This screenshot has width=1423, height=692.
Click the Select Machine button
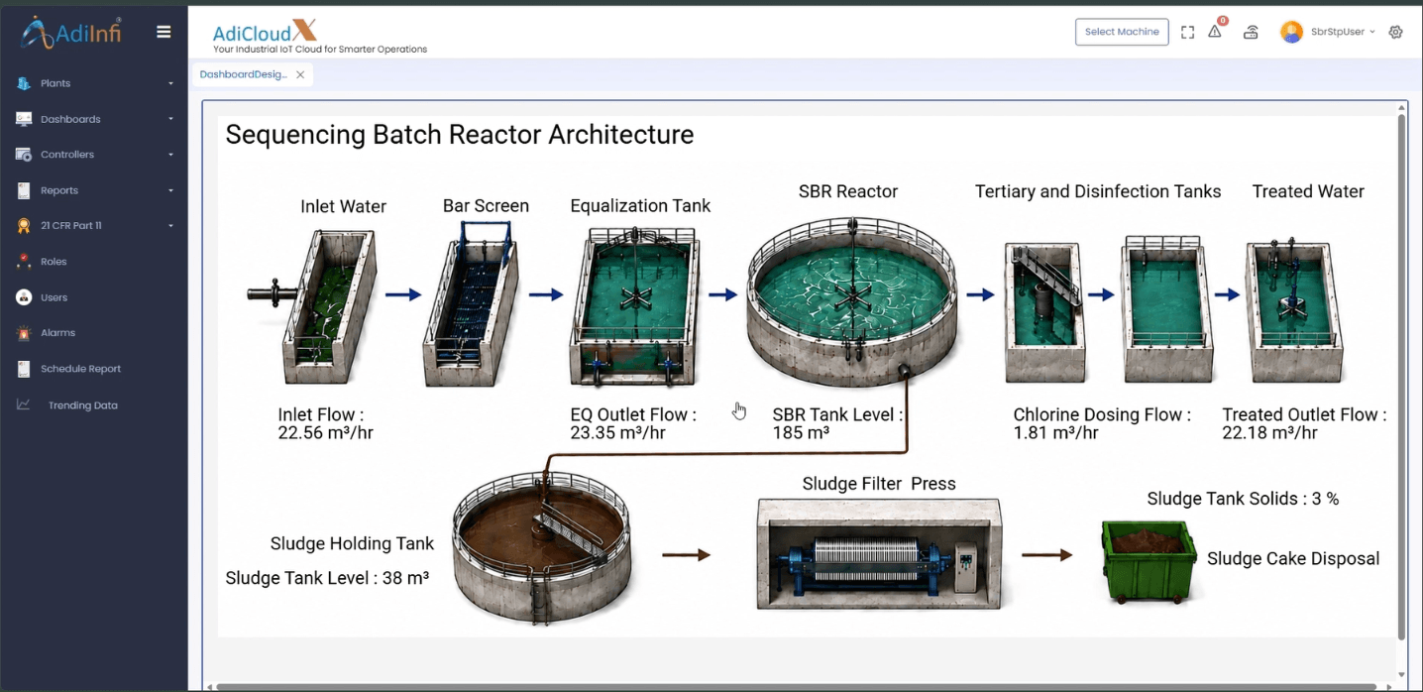1121,32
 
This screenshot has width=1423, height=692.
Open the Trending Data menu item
82,405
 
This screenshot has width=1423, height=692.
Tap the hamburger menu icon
164,32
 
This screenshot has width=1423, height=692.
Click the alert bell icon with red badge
1216,30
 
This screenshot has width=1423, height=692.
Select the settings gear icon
1395,32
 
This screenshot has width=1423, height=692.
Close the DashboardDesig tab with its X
300,75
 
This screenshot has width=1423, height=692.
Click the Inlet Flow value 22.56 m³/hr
325,432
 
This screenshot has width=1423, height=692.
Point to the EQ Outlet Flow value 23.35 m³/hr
617,432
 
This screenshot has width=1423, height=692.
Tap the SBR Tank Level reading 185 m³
801,432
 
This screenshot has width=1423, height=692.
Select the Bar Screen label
486,206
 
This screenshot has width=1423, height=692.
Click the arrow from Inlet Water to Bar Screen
403,294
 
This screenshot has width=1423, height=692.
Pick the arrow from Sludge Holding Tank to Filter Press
686,555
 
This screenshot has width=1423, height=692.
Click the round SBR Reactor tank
851,301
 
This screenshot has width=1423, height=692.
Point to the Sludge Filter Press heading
879,484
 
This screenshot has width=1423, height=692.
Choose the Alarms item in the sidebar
57,332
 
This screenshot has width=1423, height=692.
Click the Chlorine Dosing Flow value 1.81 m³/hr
1055,432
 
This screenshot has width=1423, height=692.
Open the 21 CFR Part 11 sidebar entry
70,226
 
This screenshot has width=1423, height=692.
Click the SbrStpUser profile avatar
1291,32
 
